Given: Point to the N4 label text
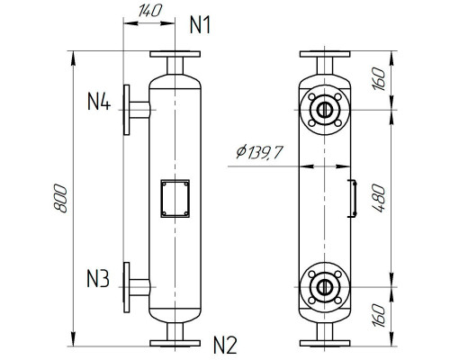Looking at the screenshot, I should click(x=99, y=102).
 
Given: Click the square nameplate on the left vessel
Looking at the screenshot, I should click(x=174, y=199).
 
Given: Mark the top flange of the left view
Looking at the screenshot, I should click(x=174, y=57).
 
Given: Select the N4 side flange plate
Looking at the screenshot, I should click(x=127, y=110).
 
